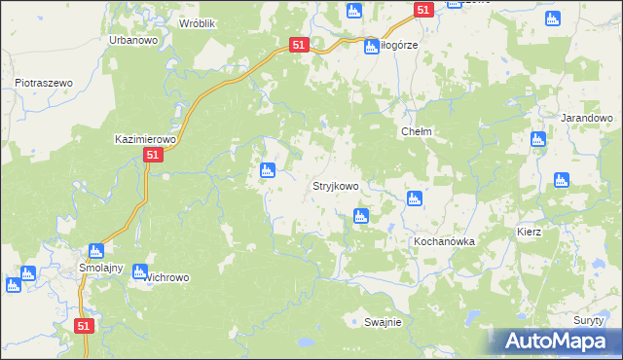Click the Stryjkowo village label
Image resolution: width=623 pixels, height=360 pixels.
pos(335,186)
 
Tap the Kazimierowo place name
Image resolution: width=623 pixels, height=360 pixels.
pos(143,139)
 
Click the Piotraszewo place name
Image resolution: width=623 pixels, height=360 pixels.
pos(45,84)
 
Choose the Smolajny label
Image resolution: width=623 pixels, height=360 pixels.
pos(98,267)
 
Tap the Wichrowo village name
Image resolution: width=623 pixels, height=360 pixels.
pos(167,277)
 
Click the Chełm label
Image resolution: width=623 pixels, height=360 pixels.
pos(416,131)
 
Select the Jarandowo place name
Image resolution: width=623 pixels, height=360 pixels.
pos(586,117)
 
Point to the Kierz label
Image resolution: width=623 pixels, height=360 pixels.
pos(530,234)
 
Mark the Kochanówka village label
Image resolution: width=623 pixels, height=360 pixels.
pos(443,240)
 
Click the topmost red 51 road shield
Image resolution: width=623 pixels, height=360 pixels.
pos(422,9)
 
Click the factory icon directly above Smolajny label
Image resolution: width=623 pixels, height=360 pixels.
pos(95,251)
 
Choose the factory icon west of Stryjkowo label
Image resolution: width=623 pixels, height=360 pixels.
pos(267,172)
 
